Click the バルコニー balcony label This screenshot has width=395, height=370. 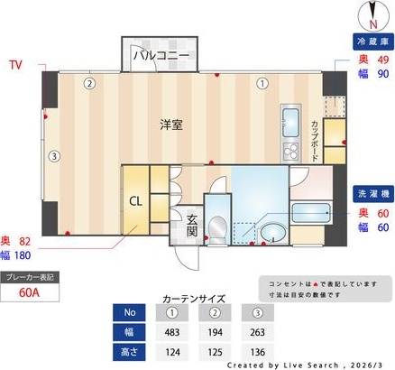point(161,55)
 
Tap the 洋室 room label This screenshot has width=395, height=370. point(172,125)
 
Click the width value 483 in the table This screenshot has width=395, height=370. point(171,330)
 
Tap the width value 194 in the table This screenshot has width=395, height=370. point(214,330)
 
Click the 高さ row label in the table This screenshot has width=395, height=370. point(129,349)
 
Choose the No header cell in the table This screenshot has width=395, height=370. point(129,312)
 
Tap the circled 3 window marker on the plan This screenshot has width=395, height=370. point(54,156)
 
